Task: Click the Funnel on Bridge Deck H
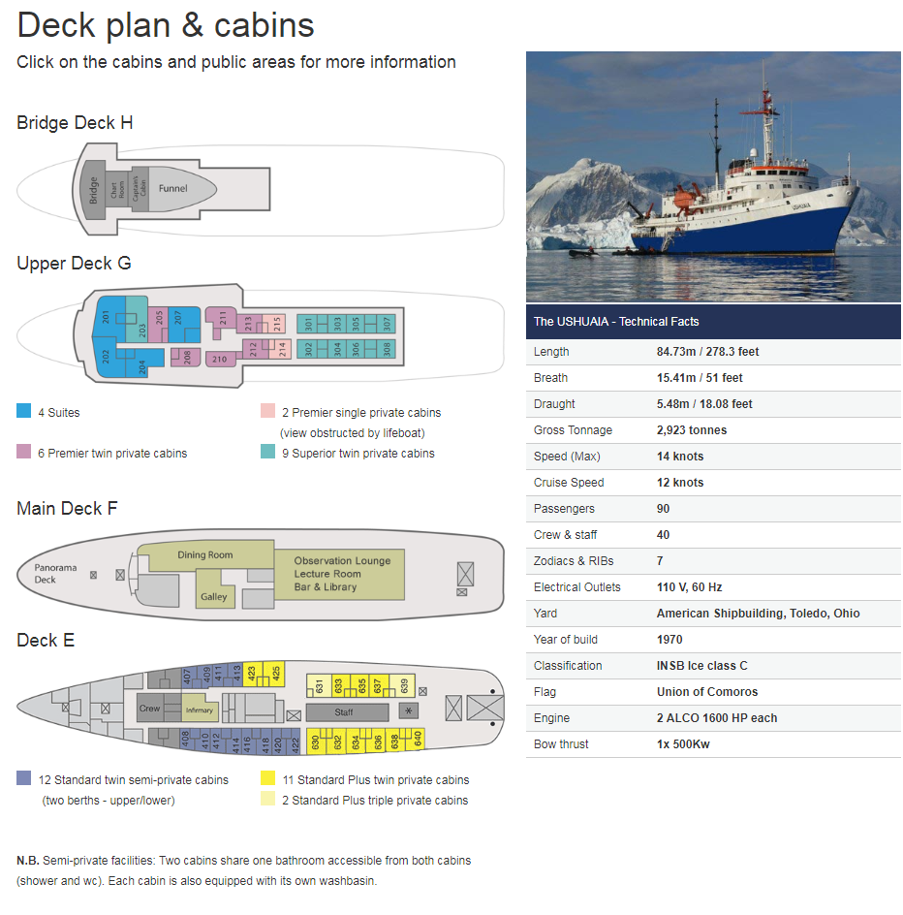pos(174,188)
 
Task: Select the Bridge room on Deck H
pos(94,188)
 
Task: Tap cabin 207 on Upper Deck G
pos(177,318)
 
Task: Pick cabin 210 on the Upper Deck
pos(219,359)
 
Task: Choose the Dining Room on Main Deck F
pos(205,555)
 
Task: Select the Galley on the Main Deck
pos(214,596)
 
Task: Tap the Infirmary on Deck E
pos(199,710)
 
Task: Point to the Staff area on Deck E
pos(344,712)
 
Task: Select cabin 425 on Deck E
pos(276,674)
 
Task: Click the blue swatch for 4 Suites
pos(24,411)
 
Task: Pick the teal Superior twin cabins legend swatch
pos(268,452)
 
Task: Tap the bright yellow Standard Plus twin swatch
pos(268,778)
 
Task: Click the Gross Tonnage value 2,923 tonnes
pos(691,430)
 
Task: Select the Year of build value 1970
pos(669,640)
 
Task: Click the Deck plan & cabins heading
pos(166,24)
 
